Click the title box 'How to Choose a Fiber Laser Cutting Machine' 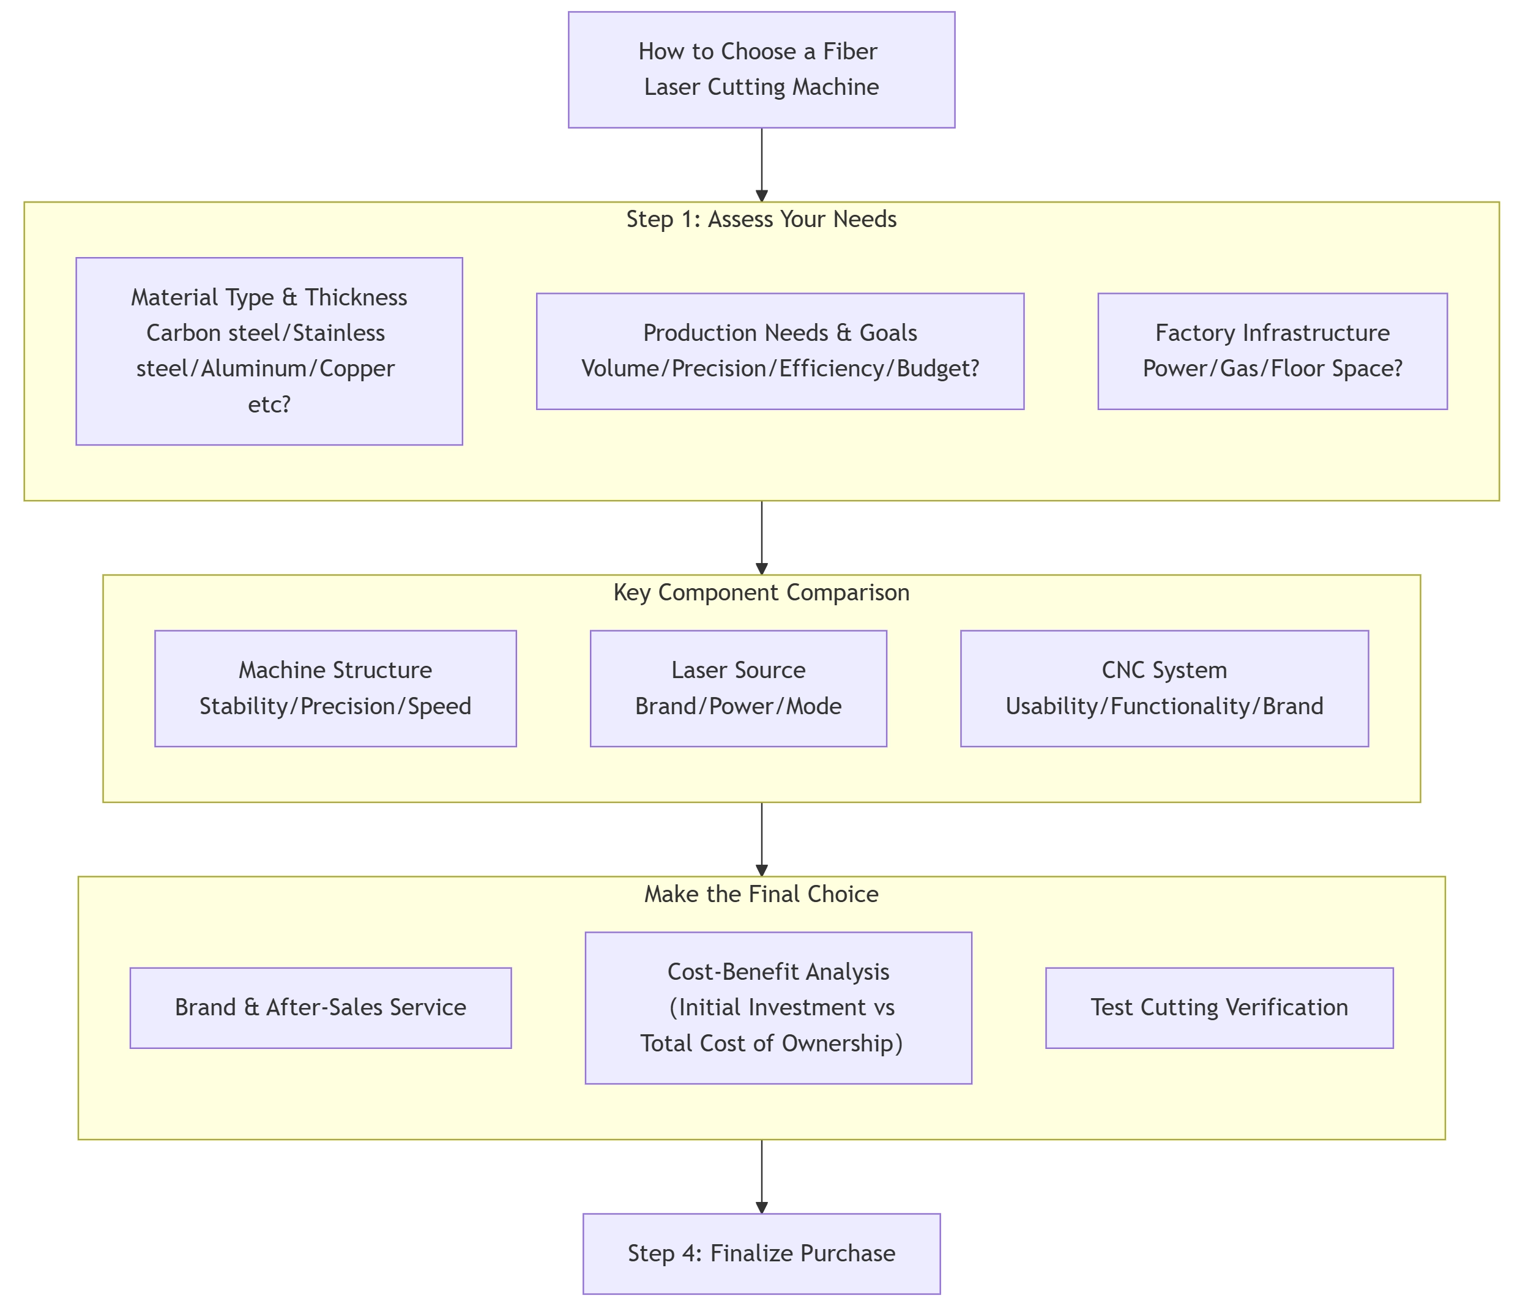point(761,70)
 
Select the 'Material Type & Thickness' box point(269,351)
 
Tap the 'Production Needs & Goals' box point(780,351)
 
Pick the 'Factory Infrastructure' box point(1272,351)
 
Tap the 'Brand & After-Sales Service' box point(321,1007)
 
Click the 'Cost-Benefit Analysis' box point(778,1007)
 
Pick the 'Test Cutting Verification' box point(1218,1007)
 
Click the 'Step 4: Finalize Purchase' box point(761,1253)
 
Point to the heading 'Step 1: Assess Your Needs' point(761,219)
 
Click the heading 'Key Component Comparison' point(761,592)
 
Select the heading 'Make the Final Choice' point(761,894)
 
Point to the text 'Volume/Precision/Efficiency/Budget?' point(780,368)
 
